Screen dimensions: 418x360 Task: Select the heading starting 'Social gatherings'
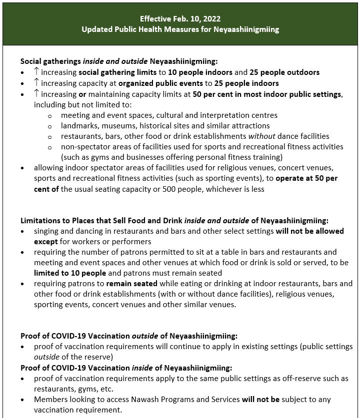(119, 61)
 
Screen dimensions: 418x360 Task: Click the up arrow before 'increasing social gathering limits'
(36, 72)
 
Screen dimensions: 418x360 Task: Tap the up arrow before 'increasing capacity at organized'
(36, 82)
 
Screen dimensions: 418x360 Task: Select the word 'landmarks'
(79, 125)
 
